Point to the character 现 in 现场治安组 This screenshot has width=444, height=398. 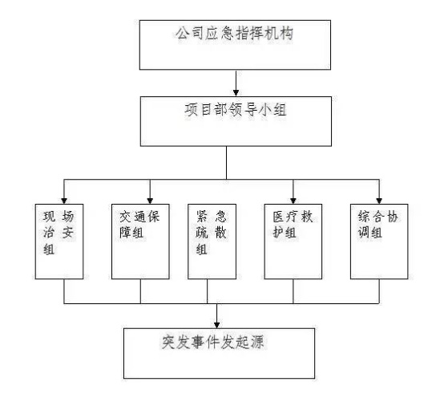pos(50,217)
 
